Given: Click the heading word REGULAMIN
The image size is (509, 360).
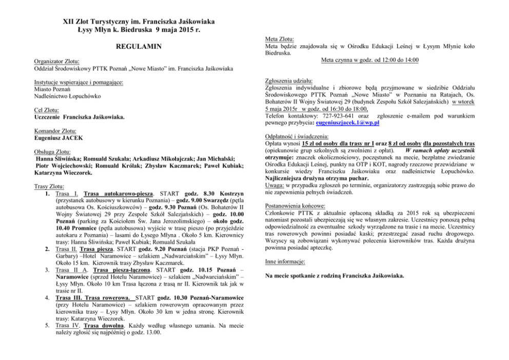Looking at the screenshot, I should tap(139, 47).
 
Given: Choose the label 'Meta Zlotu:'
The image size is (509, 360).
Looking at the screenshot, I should tap(280, 38).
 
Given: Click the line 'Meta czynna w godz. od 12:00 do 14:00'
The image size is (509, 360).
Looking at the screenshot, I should tap(369, 60).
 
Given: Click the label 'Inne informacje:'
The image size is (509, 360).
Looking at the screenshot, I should tap(285, 261).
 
